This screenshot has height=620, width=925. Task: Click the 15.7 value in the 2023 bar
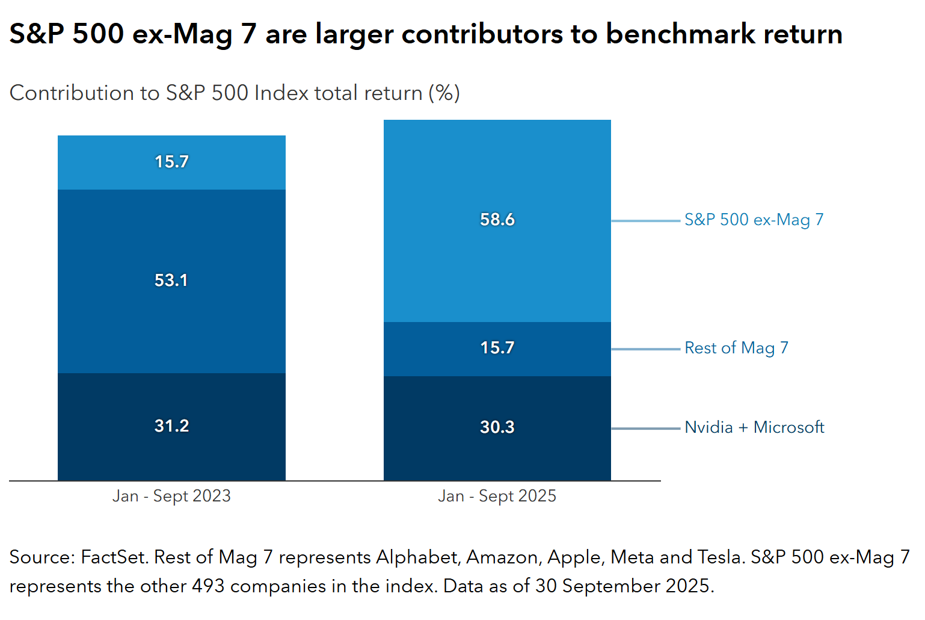(x=171, y=162)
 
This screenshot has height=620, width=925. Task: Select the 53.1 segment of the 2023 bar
(x=171, y=281)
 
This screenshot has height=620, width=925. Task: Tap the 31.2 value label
(x=171, y=426)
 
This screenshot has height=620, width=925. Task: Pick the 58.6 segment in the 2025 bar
(x=497, y=220)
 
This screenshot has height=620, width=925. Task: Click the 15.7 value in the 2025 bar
(x=497, y=348)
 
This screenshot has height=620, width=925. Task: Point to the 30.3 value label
(x=497, y=427)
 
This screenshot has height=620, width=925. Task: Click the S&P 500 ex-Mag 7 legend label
(x=754, y=220)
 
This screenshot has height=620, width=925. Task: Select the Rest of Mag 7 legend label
(x=736, y=348)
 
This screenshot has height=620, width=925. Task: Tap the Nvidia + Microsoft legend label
(x=754, y=427)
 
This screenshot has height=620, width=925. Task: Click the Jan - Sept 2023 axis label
(x=171, y=496)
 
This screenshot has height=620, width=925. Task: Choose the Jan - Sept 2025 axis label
(x=497, y=496)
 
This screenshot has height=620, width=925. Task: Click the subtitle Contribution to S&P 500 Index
(x=235, y=93)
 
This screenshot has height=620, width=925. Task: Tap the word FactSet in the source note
(x=114, y=557)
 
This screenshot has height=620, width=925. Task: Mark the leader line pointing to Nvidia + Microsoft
(x=645, y=429)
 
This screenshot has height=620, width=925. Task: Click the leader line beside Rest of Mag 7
(x=645, y=349)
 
